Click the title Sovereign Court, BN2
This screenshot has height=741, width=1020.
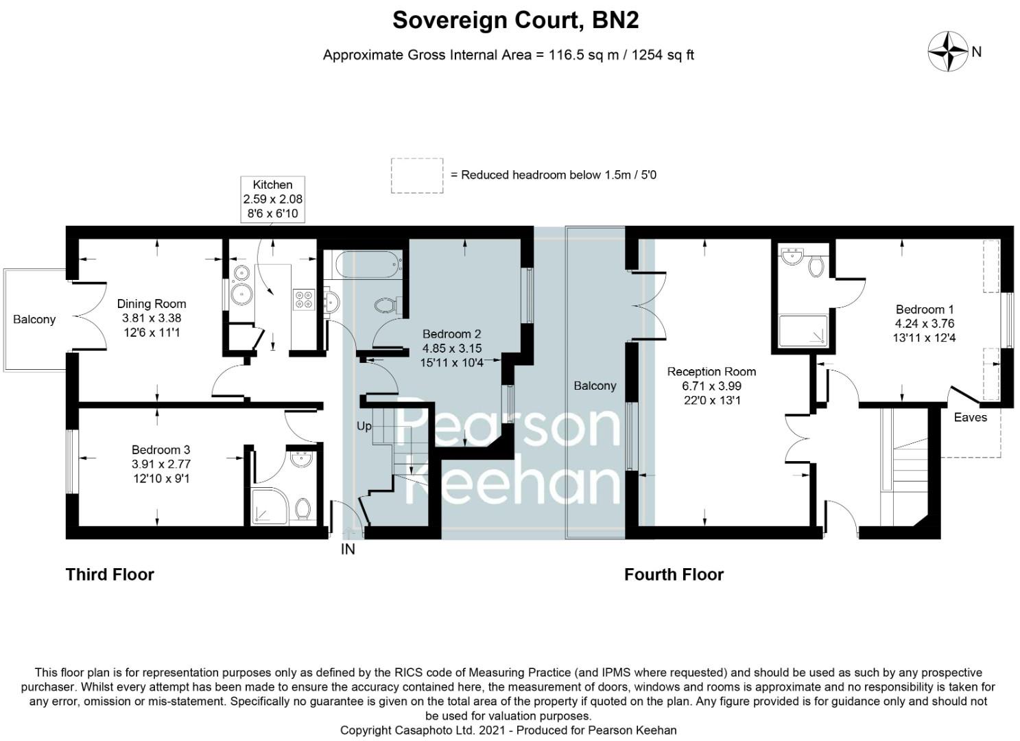[x=515, y=21]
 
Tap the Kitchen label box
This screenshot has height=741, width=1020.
[x=272, y=199]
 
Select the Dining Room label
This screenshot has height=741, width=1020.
[x=152, y=318]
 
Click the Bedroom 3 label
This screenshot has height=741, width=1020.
[x=161, y=464]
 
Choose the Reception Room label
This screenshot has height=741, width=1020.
[x=711, y=386]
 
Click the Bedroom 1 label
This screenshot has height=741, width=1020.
[x=924, y=323]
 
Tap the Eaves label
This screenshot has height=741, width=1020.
[x=970, y=417]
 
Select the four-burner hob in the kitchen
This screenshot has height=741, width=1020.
[x=304, y=299]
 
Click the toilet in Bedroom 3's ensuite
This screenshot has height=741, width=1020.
[x=303, y=508]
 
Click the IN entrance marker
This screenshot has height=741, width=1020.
[x=348, y=549]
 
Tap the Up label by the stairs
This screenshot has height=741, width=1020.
[x=364, y=426]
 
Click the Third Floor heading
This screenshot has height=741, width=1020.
[x=110, y=574]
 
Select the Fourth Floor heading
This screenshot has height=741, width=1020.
[x=674, y=574]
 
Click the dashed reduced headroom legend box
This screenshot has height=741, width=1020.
[x=417, y=176]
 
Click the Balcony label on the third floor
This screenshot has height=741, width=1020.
[x=34, y=319]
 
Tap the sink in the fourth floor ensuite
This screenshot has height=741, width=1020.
[x=794, y=257]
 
